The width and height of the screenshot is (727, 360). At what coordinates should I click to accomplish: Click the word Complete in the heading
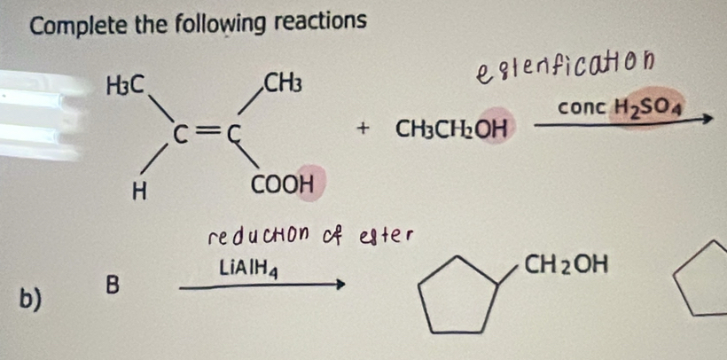(77, 26)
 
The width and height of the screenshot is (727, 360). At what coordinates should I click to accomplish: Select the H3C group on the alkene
(127, 84)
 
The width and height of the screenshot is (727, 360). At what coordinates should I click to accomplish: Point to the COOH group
(282, 185)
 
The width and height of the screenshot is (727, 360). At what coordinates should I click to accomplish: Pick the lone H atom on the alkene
(138, 192)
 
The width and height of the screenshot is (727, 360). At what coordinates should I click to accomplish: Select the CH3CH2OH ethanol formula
(449, 129)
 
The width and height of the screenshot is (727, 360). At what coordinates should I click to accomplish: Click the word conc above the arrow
(582, 109)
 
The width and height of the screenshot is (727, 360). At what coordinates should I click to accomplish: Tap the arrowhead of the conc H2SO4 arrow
(706, 120)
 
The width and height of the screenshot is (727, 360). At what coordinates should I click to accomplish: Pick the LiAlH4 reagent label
(249, 269)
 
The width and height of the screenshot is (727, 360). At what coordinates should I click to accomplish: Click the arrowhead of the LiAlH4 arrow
(340, 284)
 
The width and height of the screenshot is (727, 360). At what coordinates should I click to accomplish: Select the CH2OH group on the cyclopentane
(565, 266)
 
